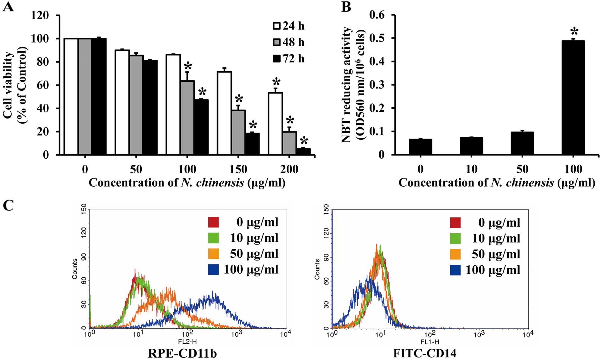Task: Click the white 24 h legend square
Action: click(x=277, y=26)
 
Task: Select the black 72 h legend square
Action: click(x=277, y=58)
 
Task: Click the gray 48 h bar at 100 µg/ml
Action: click(x=187, y=118)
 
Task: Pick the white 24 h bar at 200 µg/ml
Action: click(x=275, y=124)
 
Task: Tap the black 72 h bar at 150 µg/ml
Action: click(x=252, y=144)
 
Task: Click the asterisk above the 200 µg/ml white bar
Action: click(x=276, y=82)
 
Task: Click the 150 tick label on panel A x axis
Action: click(x=238, y=169)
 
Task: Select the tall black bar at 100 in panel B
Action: click(x=573, y=98)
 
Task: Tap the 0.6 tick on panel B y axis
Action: click(x=377, y=15)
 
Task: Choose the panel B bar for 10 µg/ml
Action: click(x=471, y=146)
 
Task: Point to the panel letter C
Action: click(x=8, y=206)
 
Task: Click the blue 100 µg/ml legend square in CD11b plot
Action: click(x=213, y=270)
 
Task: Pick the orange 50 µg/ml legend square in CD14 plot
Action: click(x=455, y=254)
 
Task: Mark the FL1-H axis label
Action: click(x=430, y=342)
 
